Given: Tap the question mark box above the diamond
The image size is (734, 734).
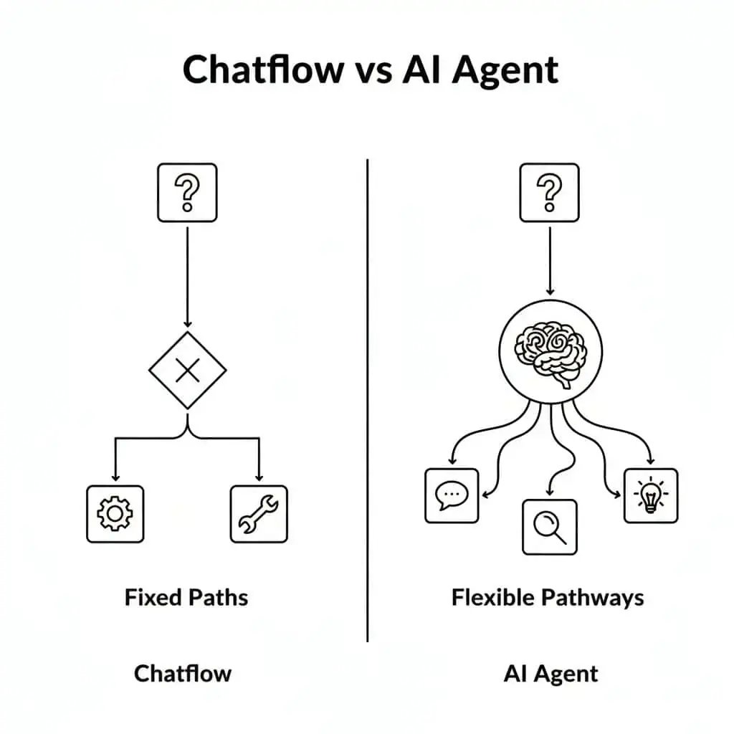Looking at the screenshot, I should point(186,192).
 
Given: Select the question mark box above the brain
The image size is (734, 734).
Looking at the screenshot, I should point(549,192).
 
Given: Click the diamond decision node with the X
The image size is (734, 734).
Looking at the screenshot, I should point(187,370).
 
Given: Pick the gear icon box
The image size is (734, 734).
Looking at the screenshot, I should point(115,513).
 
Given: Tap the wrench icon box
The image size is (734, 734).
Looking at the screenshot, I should point(259,513).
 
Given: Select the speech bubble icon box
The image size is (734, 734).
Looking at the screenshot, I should point(452,495).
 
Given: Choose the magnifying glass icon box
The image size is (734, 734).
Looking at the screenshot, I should point(549,527).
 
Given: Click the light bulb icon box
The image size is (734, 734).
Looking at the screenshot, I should point(650,495).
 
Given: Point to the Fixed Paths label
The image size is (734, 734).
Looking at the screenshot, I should point(186,597).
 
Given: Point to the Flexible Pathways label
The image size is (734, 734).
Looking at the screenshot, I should point(548,597).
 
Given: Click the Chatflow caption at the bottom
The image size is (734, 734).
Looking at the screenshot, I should point(183,673).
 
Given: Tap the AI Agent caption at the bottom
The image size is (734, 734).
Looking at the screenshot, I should point(550,673).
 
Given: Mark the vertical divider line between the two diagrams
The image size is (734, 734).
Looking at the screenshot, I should point(367,401).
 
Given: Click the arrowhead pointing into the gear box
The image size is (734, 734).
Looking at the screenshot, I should point(115,477).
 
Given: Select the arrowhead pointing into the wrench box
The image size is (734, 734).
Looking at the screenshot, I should point(259,477).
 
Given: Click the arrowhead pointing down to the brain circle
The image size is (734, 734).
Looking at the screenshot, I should point(549,291).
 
